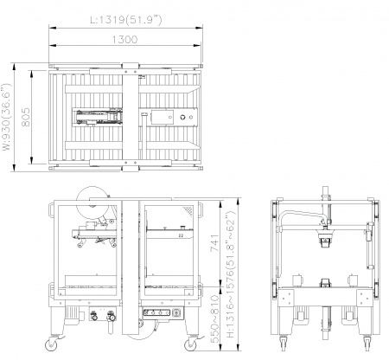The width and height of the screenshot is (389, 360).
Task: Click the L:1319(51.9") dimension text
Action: (126, 19)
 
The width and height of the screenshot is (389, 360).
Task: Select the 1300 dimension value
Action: (124, 40)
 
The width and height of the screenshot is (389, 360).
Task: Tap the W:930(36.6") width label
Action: (7, 117)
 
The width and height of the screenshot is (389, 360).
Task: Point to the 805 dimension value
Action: (26, 117)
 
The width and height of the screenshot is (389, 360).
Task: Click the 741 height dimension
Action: (214, 242)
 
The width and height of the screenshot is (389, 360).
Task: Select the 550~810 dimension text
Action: (215, 318)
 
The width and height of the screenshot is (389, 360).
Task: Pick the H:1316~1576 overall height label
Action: (232, 274)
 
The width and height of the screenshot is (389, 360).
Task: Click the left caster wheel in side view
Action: (52, 344)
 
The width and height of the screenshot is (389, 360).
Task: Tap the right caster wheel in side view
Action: (190, 344)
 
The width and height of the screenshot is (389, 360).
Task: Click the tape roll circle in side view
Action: (92, 202)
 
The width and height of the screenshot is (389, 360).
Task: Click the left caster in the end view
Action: (283, 343)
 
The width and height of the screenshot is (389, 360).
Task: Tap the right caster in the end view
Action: (367, 343)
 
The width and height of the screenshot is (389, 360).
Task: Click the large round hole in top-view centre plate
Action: (182, 117)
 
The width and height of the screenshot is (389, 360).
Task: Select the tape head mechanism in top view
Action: (98, 117)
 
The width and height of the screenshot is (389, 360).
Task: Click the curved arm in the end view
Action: (300, 215)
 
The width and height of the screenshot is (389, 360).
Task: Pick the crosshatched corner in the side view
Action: (188, 210)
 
